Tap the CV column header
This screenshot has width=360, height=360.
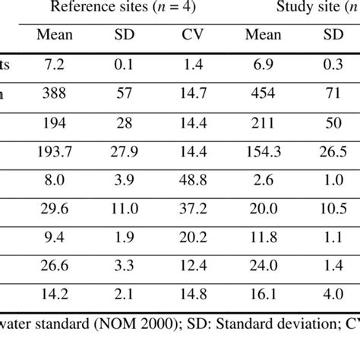tap(196, 35)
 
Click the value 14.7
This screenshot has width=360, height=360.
tap(196, 91)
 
